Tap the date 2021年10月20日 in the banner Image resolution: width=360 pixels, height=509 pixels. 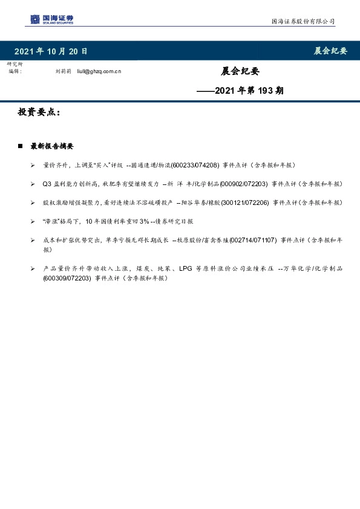pos(50,51)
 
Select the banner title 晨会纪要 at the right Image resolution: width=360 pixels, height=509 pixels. pos(330,51)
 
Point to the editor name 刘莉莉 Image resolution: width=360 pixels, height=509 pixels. pos(63,71)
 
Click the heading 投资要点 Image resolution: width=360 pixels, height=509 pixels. pos(38,113)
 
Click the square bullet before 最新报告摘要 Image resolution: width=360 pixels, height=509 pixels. pos(20,146)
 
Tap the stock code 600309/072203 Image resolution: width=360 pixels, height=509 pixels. pos(67,279)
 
